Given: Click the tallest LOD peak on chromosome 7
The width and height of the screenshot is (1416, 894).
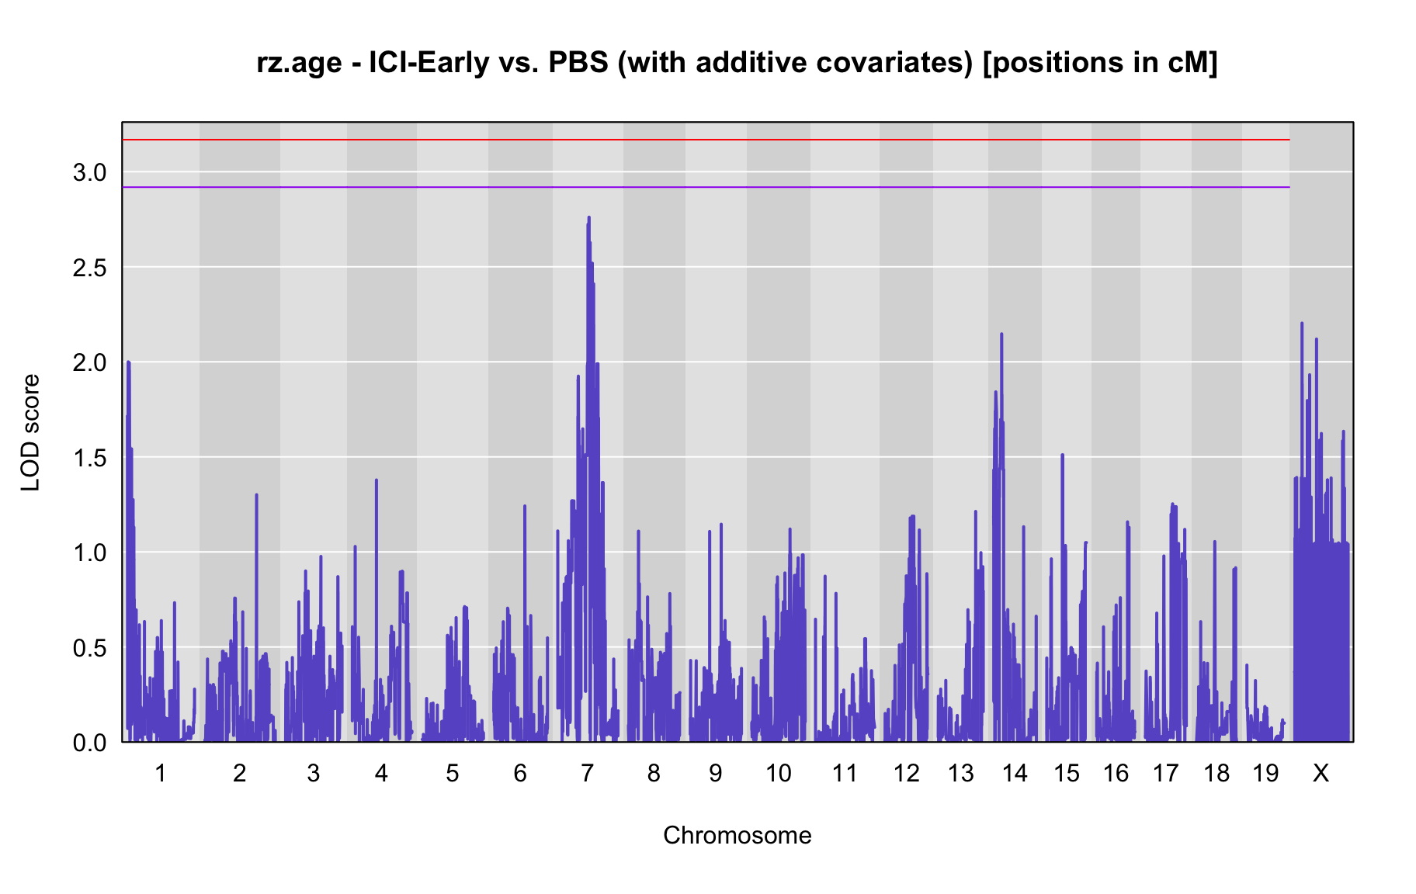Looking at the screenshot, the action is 589,217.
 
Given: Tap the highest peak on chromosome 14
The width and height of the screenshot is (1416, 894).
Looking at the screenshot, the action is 1001,334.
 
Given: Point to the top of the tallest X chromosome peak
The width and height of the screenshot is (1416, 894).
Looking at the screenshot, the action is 1302,323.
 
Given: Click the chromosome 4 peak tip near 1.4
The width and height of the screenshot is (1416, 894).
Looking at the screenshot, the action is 377,480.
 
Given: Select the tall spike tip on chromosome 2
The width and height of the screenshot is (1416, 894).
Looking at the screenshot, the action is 256,494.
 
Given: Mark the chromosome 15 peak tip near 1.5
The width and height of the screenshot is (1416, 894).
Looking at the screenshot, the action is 1062,455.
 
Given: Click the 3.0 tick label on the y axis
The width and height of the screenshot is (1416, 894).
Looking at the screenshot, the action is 89,172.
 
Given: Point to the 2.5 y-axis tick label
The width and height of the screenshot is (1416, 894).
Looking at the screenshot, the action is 89,268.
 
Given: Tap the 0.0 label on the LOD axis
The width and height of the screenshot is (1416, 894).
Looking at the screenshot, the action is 89,743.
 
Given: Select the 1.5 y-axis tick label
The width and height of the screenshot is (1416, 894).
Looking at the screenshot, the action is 89,458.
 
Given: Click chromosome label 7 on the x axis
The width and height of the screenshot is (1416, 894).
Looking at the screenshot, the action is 587,773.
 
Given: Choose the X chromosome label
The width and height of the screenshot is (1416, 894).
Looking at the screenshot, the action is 1321,773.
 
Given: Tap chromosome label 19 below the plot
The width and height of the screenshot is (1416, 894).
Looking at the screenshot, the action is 1265,773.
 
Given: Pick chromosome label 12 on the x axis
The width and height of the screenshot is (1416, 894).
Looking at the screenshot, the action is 906,773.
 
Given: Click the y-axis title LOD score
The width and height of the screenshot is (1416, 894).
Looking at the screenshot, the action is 31,432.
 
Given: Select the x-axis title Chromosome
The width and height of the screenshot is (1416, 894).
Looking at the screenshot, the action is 737,835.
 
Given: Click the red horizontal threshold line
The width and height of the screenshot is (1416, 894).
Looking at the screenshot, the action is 706,140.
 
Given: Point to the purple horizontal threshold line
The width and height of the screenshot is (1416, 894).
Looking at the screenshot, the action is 706,187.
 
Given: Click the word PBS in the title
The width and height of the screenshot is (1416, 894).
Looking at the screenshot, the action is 578,62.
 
